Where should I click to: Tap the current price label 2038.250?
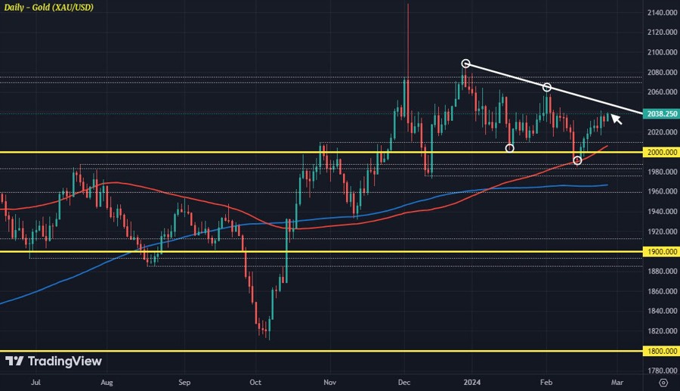point(660,113)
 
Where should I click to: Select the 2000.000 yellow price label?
point(660,152)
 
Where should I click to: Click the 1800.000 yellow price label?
point(660,351)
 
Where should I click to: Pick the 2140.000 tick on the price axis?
point(660,13)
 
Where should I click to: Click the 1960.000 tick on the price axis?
point(660,192)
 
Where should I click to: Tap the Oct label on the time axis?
point(255,383)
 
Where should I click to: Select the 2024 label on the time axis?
point(471,383)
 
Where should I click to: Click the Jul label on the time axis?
point(35,383)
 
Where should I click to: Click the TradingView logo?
point(53,362)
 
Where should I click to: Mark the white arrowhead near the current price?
point(616,118)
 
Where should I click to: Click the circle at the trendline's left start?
point(466,64)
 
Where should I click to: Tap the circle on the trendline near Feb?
point(546,88)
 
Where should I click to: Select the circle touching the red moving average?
point(578,160)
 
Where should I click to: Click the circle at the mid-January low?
point(510,148)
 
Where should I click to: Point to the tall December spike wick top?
point(407,5)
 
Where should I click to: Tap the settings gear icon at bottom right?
point(663,383)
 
